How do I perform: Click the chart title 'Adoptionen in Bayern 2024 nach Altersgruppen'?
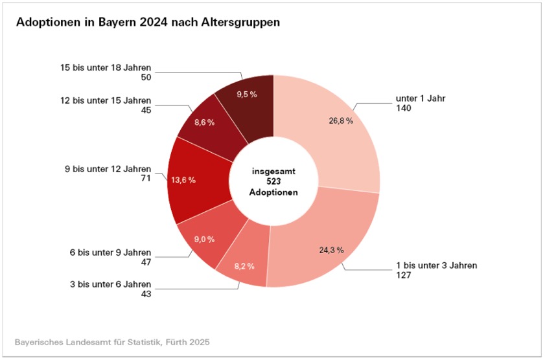click(x=148, y=22)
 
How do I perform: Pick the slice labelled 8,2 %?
click(x=244, y=266)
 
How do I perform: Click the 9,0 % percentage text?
click(x=204, y=240)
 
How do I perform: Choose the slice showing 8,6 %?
click(x=206, y=121)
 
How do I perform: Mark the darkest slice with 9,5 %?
click(x=246, y=95)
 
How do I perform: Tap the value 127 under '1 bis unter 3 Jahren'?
click(x=403, y=275)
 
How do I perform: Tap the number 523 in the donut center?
click(x=273, y=182)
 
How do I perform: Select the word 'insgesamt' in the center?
click(x=273, y=172)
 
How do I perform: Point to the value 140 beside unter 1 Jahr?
click(x=403, y=109)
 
